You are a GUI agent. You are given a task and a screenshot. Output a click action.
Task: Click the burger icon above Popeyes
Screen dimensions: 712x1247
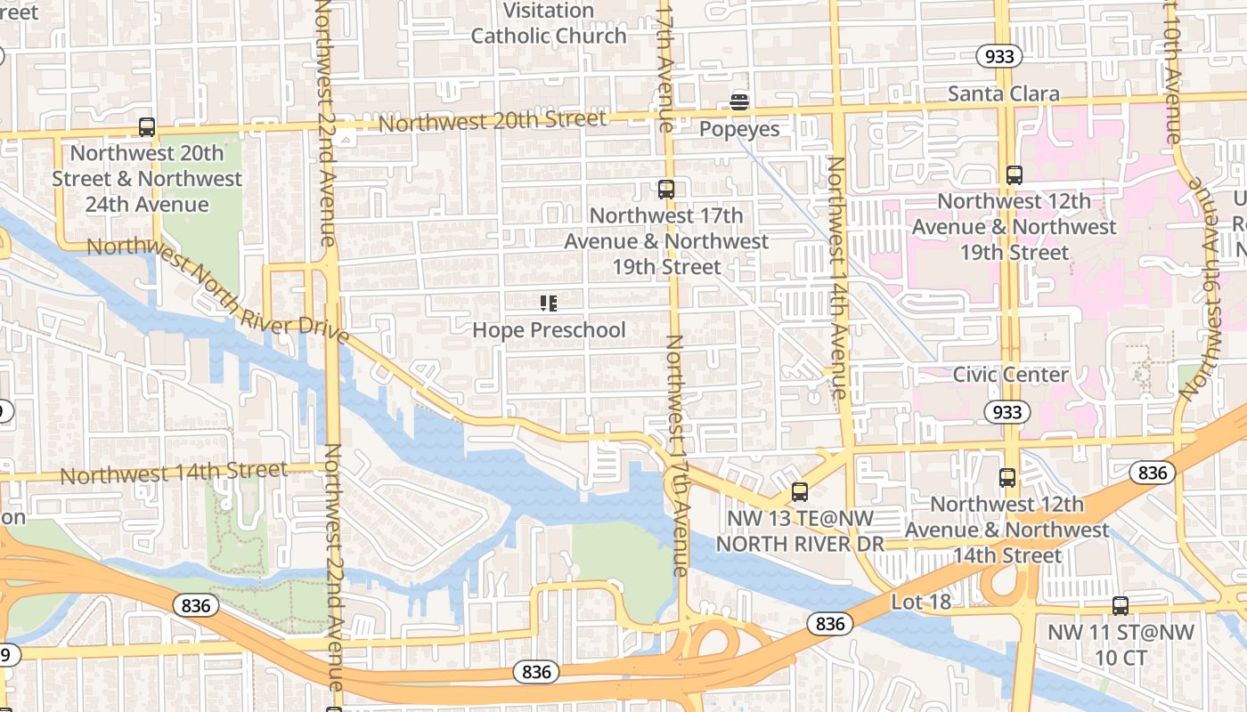coord(738,102)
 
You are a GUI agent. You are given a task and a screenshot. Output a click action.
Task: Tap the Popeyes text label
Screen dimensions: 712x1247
coord(738,129)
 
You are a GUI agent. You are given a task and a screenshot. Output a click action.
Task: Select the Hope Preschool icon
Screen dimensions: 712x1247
coord(549,303)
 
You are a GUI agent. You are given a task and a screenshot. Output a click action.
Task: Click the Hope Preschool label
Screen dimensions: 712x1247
coord(549,330)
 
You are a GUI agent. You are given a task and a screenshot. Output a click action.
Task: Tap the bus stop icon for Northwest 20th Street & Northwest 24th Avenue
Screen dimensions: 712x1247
coord(147,127)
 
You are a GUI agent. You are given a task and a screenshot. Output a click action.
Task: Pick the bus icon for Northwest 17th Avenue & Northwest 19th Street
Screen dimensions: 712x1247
coord(666,190)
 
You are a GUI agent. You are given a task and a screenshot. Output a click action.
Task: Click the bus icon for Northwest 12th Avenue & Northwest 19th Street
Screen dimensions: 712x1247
coord(1014,175)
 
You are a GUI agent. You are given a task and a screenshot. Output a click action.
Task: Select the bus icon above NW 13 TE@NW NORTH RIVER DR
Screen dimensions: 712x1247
coord(800,492)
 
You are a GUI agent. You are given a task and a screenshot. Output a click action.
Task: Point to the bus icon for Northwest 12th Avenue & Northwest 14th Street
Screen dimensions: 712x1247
coord(1007,478)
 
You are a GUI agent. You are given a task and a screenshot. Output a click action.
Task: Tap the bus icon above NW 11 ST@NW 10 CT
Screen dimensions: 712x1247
coord(1121,606)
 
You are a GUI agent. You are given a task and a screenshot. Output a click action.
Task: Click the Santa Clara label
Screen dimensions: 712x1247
coord(1003,93)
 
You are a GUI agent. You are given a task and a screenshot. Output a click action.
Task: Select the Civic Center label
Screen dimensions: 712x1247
coord(1010,375)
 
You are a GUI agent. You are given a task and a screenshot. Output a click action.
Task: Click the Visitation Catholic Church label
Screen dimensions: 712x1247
coord(549,24)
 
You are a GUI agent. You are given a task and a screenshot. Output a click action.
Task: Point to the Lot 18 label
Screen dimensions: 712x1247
coord(921,603)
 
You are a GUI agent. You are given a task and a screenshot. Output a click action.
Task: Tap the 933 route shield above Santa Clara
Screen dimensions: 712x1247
coord(998,57)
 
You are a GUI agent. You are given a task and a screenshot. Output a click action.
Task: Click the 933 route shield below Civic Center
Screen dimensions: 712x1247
coord(1007,412)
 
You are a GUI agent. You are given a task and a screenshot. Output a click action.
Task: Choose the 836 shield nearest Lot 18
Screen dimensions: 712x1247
coord(830,624)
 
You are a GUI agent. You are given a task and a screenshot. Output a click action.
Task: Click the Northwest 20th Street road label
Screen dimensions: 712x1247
coord(493,121)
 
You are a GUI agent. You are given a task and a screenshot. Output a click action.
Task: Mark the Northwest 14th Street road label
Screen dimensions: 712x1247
coord(174,473)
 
